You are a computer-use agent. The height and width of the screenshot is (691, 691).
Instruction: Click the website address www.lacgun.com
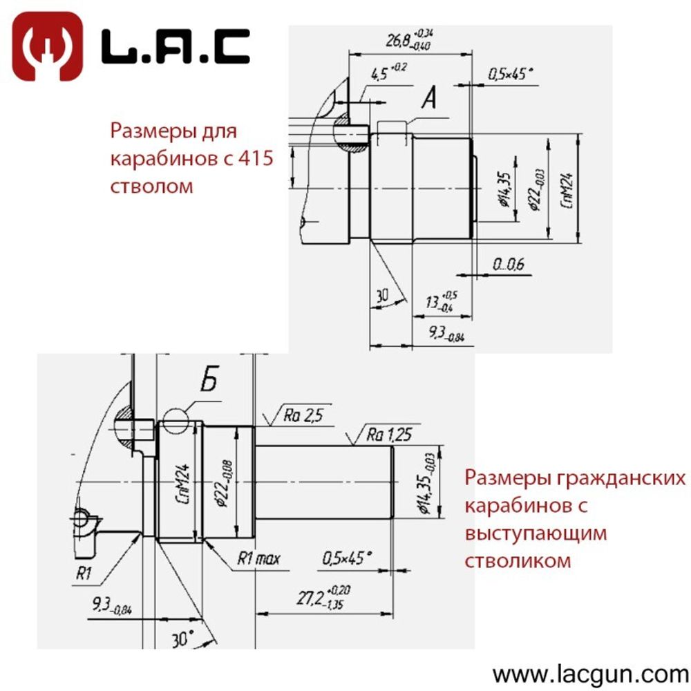[590, 672]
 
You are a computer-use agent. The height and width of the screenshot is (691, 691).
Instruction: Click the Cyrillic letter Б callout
[211, 382]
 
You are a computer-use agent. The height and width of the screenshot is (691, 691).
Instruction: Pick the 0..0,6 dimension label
[509, 263]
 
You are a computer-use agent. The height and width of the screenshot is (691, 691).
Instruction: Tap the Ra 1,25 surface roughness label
[389, 435]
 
